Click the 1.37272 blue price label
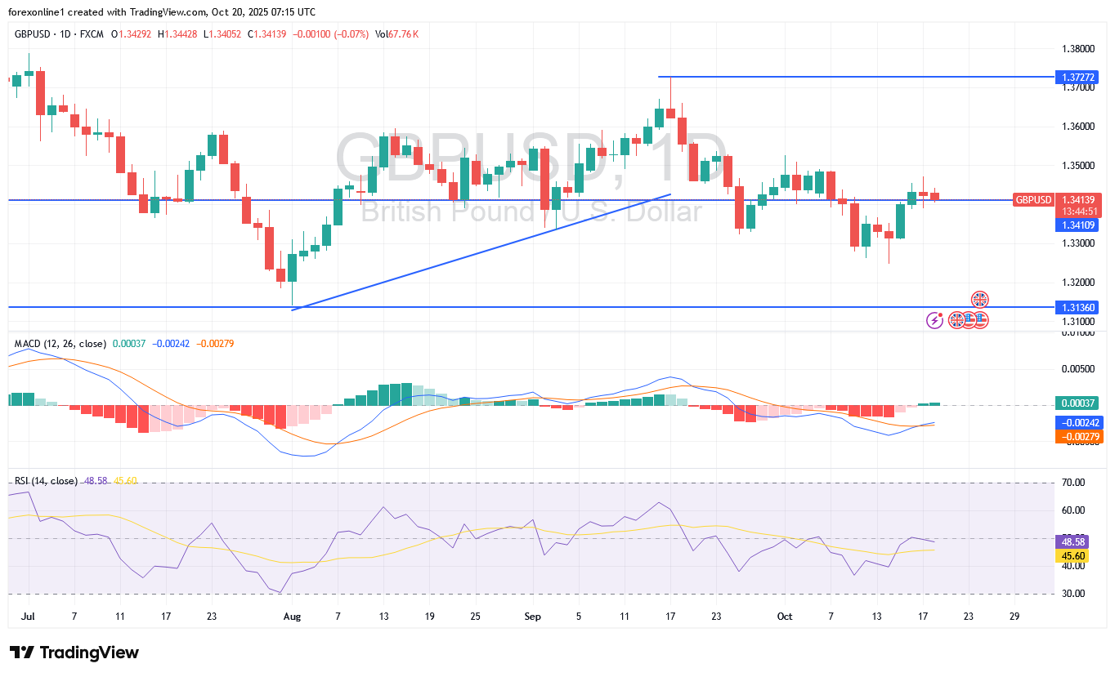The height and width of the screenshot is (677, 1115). click(1078, 78)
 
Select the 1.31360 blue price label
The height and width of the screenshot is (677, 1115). click(1078, 307)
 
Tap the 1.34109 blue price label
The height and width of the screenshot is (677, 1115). click(1078, 225)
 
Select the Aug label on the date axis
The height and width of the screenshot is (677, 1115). click(292, 617)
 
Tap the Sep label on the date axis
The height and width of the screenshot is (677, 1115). click(533, 617)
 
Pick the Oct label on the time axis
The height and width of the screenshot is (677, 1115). click(785, 617)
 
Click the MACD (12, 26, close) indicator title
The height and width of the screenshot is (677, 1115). click(60, 344)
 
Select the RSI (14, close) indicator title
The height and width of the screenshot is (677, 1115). click(45, 481)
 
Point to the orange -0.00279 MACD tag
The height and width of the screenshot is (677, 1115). click(1080, 437)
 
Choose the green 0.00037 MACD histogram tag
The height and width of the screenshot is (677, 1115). click(1078, 403)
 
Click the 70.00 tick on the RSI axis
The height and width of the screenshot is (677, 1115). click(1072, 483)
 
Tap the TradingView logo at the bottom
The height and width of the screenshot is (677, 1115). click(74, 653)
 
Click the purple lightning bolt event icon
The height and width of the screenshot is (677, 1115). click(934, 320)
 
